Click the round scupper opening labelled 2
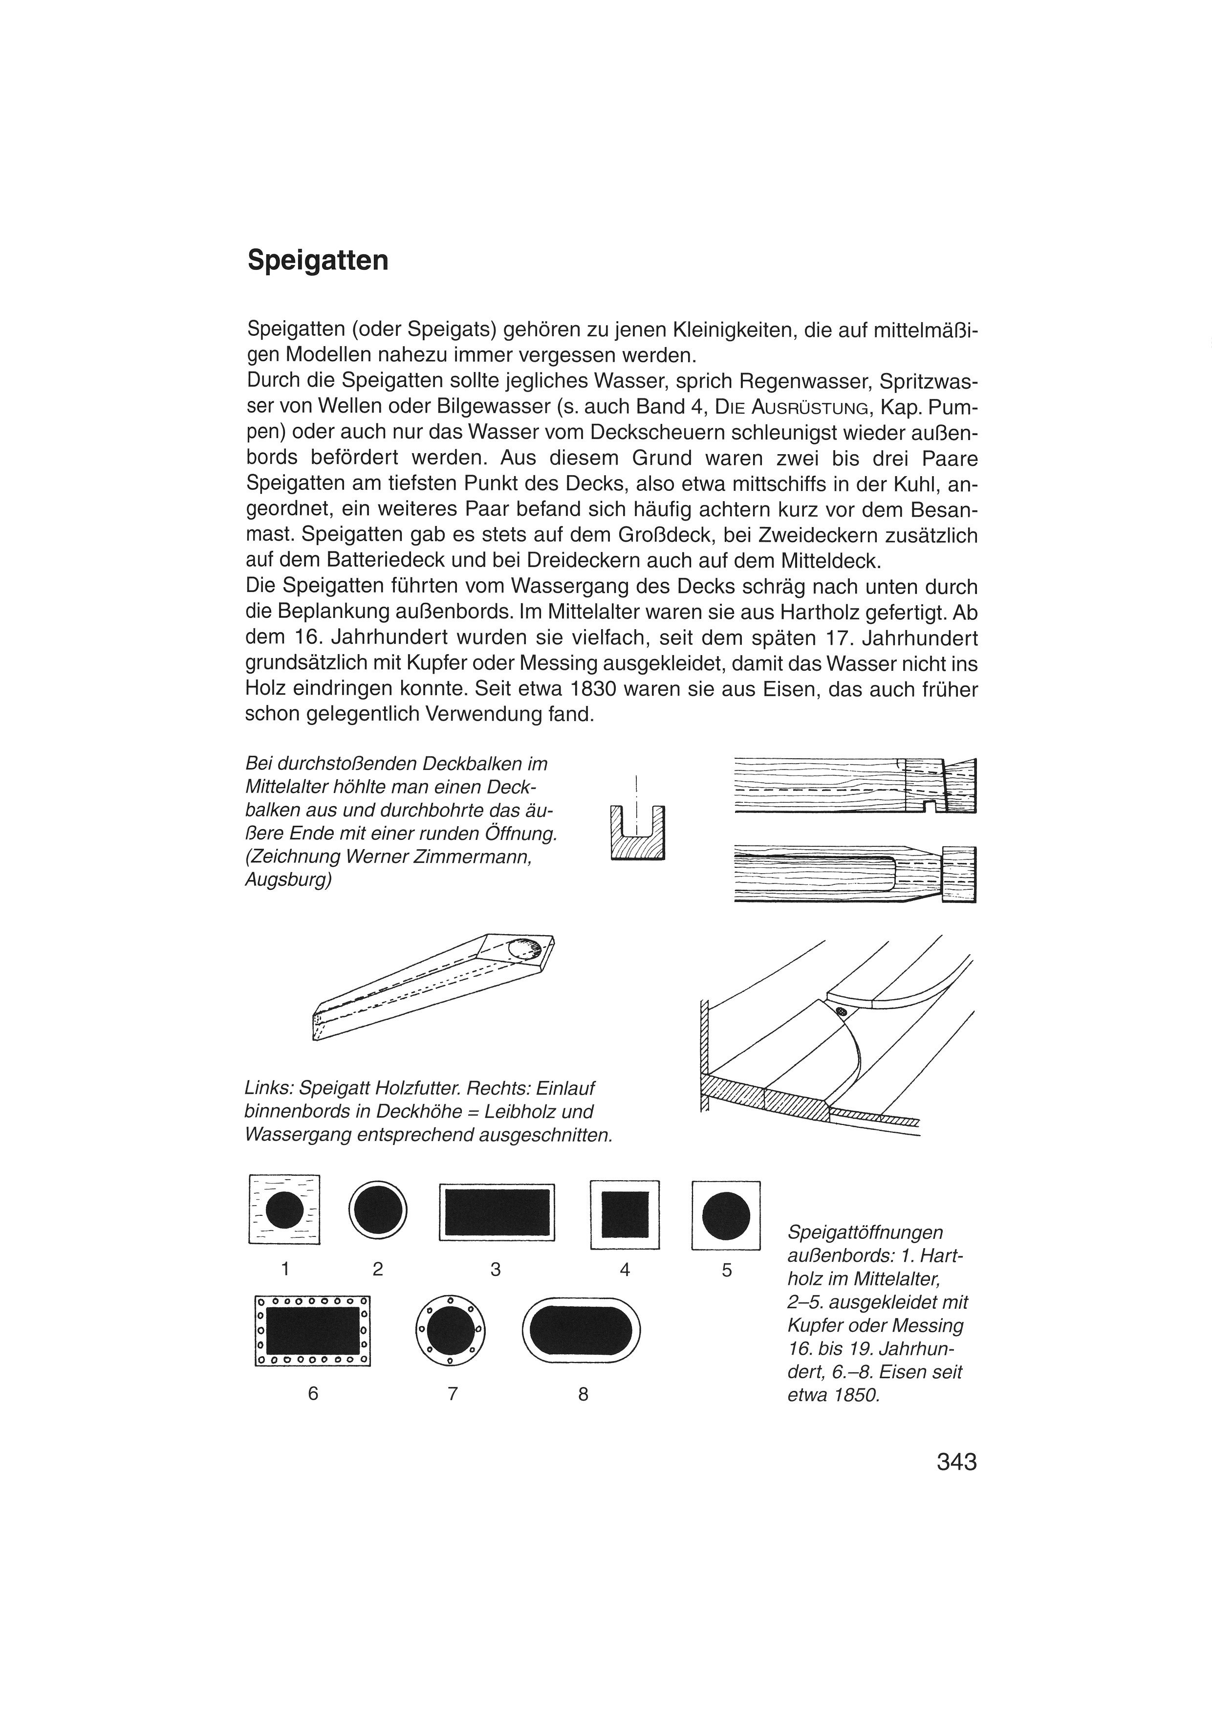coord(378,1209)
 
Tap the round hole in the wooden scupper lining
coord(524,948)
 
